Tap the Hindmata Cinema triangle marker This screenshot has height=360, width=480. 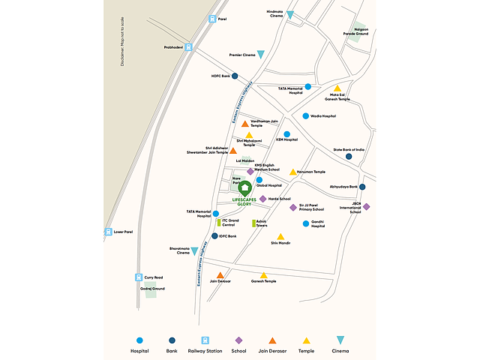pyautogui.click(x=290, y=15)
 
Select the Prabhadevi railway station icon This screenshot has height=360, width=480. pyautogui.click(x=189, y=46)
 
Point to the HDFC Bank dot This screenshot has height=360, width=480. pyautogui.click(x=235, y=76)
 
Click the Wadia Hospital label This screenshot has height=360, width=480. pyautogui.click(x=323, y=116)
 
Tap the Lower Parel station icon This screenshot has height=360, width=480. pyautogui.click(x=108, y=232)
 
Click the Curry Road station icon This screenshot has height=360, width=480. pyautogui.click(x=138, y=277)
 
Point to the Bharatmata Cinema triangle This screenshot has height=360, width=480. pyautogui.click(x=194, y=251)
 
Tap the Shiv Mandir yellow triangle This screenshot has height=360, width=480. pyautogui.click(x=280, y=237)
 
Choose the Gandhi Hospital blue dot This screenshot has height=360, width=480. pyautogui.click(x=306, y=223)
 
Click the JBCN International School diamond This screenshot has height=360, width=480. pyautogui.click(x=367, y=206)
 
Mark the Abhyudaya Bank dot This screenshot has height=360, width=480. pyautogui.click(x=361, y=187)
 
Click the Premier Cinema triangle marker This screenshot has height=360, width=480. pyautogui.click(x=261, y=54)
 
